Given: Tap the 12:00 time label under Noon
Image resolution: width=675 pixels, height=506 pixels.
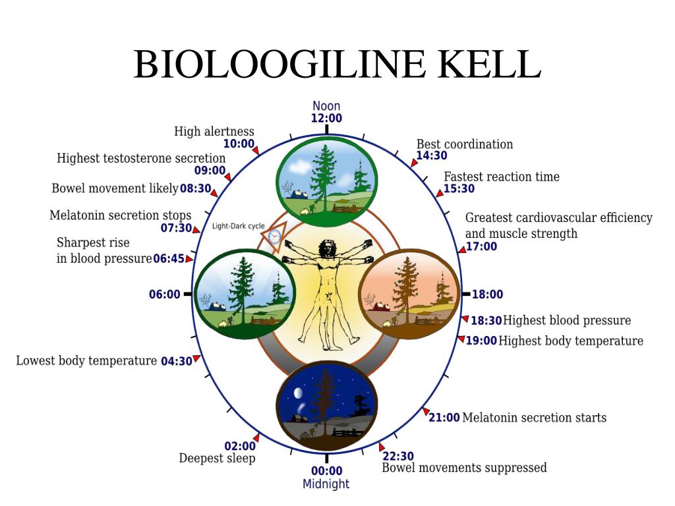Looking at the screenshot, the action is [326, 119].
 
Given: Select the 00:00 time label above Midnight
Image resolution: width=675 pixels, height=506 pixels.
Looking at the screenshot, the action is [326, 470].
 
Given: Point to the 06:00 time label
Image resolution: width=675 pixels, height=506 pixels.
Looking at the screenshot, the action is [164, 295].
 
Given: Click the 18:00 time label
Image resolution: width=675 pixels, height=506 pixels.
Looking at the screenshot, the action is [487, 295].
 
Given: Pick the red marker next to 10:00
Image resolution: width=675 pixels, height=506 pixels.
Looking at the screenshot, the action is [256, 150].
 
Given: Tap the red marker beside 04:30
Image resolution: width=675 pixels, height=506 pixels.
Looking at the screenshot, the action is [196, 358].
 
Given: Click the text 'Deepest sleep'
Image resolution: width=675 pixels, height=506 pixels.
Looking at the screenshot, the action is [217, 459].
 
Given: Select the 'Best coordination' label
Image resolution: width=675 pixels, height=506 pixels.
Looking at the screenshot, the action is [465, 144].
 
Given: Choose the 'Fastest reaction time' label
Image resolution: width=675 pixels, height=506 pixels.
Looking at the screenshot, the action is [502, 177].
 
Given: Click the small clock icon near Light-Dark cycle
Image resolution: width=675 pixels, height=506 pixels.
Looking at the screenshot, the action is [274, 237].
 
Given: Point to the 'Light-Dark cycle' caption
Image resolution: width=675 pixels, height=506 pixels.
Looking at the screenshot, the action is [239, 226].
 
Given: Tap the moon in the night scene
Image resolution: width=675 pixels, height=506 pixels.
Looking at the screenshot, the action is [297, 393].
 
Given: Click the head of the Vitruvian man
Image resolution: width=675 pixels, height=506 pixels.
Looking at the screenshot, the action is [326, 248].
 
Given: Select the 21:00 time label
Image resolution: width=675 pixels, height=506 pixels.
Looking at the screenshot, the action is [444, 418].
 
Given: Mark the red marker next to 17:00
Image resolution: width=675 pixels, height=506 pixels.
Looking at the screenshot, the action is [461, 249].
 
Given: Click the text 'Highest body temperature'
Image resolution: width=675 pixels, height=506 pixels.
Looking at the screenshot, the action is [571, 341].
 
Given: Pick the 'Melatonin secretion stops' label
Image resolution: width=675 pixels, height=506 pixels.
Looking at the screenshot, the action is [121, 215].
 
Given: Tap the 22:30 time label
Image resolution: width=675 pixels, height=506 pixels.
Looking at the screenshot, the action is [398, 456].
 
